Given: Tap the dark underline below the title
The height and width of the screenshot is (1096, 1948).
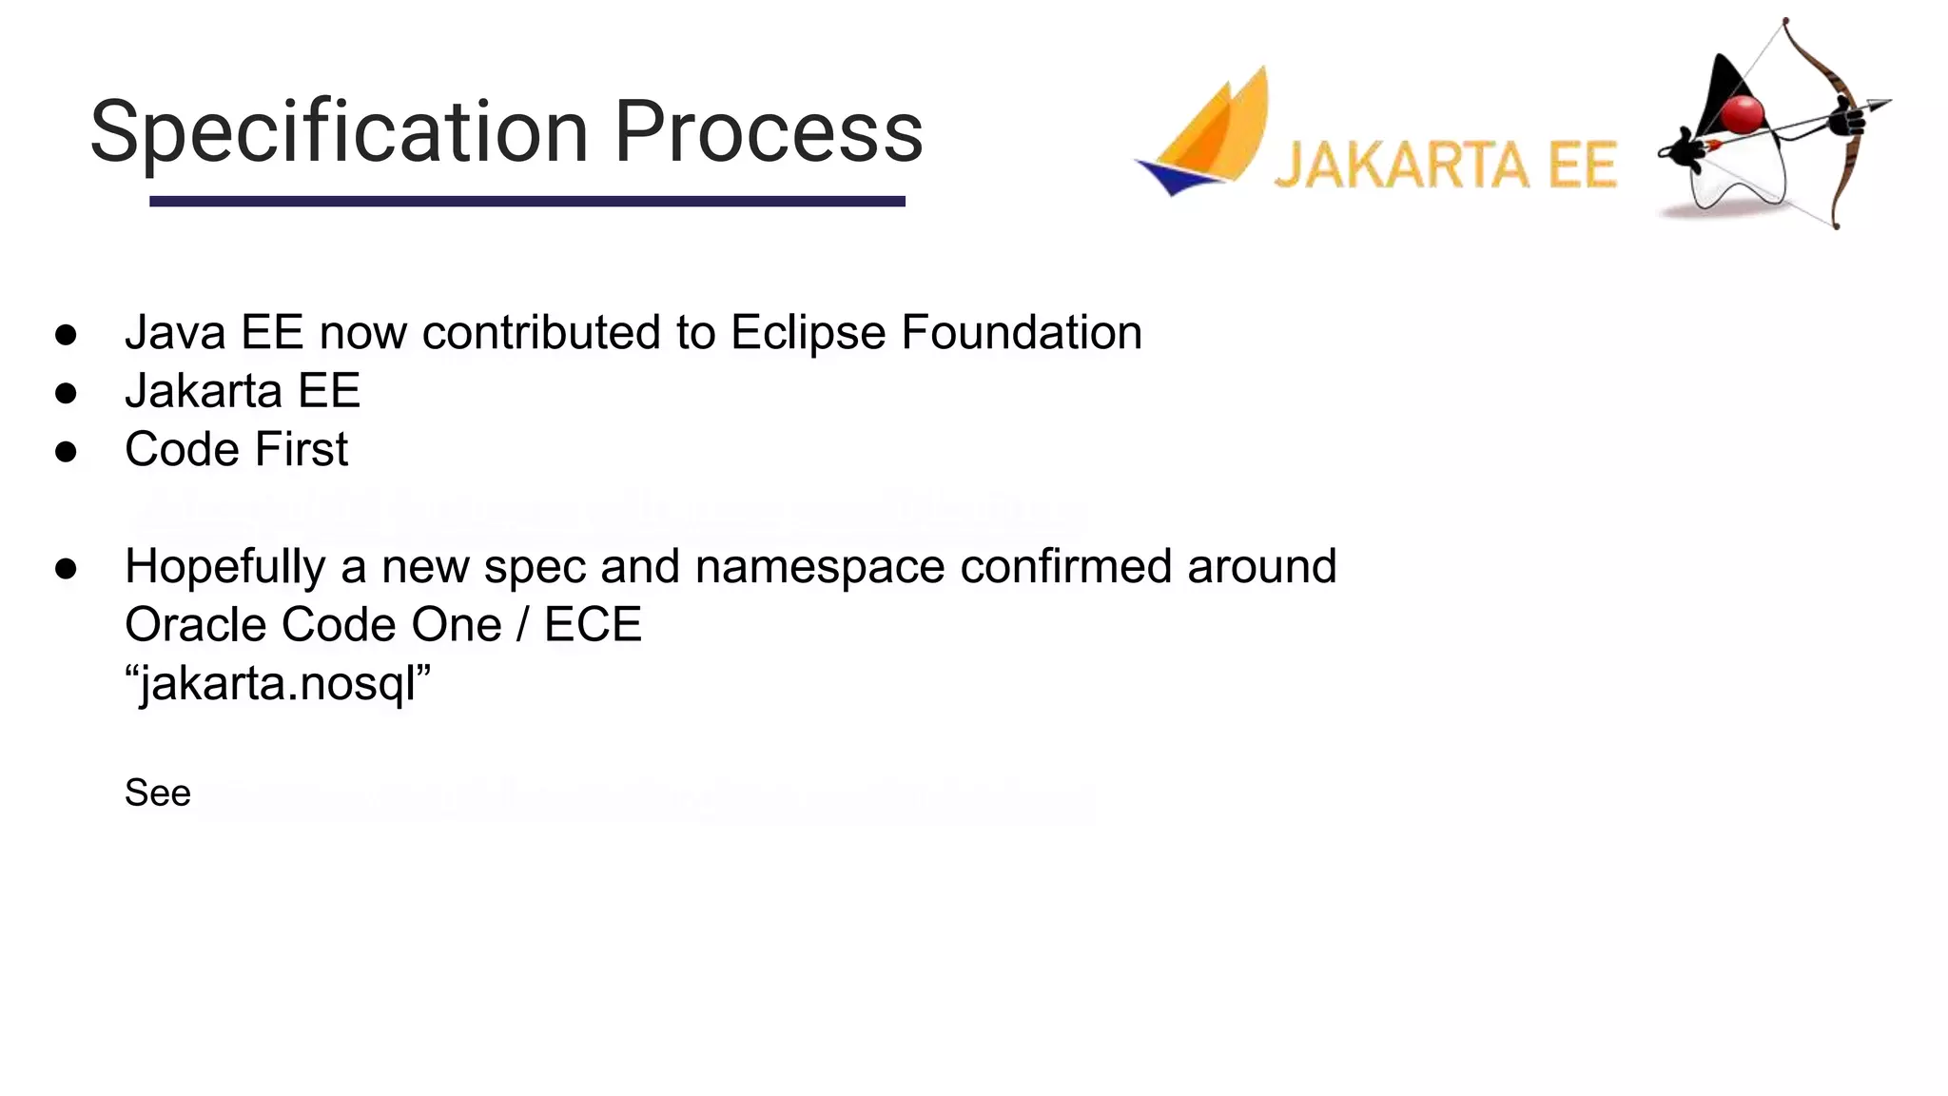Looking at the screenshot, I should [x=527, y=201].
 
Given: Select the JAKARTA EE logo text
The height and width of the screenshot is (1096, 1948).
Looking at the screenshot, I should [x=1445, y=166].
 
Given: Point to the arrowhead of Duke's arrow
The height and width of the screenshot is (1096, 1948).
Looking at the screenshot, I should [x=1878, y=105].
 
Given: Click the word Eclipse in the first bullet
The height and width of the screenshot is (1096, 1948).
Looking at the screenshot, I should [x=808, y=333].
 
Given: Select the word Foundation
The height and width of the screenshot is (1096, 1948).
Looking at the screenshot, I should [x=1021, y=333].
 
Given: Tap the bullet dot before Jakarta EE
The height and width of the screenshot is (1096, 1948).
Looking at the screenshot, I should [x=66, y=392].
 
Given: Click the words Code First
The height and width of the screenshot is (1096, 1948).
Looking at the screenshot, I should [x=236, y=449].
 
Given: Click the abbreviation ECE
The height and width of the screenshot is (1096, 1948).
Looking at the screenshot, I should [x=593, y=625].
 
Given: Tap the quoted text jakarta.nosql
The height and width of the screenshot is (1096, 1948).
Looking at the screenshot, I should [x=278, y=683].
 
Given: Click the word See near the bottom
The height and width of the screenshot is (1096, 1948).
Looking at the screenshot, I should [x=158, y=793].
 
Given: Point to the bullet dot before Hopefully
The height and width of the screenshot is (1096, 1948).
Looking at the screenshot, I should [x=66, y=568].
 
